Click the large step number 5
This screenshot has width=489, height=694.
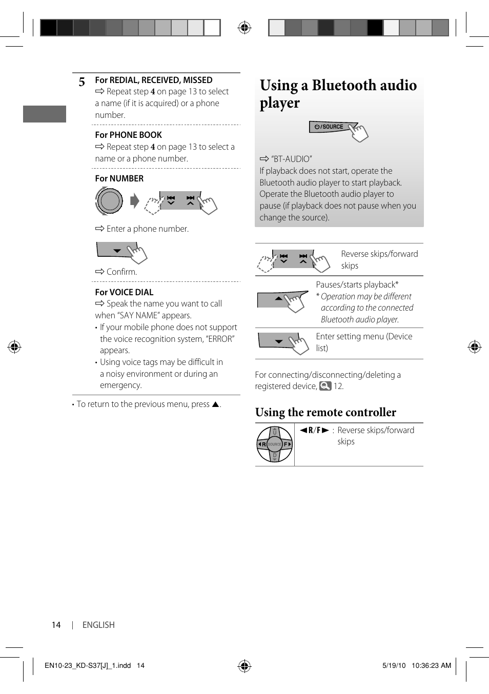[x=82, y=82]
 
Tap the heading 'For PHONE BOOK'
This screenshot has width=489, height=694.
[x=128, y=135]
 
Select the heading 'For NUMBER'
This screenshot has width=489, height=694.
[x=119, y=178]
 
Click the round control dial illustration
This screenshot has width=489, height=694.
[x=109, y=200]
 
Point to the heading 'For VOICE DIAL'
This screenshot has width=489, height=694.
[x=124, y=292]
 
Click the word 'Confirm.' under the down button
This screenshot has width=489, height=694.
[x=121, y=272]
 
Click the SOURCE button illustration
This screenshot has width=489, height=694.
[x=331, y=127]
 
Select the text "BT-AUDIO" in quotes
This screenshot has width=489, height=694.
[x=291, y=159]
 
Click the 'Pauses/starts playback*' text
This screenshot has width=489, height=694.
[x=357, y=284]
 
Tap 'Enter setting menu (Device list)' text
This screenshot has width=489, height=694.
[x=364, y=342]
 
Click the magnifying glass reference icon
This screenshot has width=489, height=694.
[x=325, y=386]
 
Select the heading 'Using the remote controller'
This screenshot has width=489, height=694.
[x=325, y=412]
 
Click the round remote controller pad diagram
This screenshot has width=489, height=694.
[x=275, y=444]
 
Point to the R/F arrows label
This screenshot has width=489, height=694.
[x=314, y=430]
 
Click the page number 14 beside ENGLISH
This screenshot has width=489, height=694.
[x=56, y=625]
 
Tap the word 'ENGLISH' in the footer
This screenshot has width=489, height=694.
[x=98, y=625]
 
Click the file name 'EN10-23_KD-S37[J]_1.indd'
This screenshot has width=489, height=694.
[x=88, y=665]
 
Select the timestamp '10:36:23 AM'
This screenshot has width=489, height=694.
[x=431, y=665]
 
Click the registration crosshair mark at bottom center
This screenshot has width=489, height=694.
[x=244, y=666]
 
